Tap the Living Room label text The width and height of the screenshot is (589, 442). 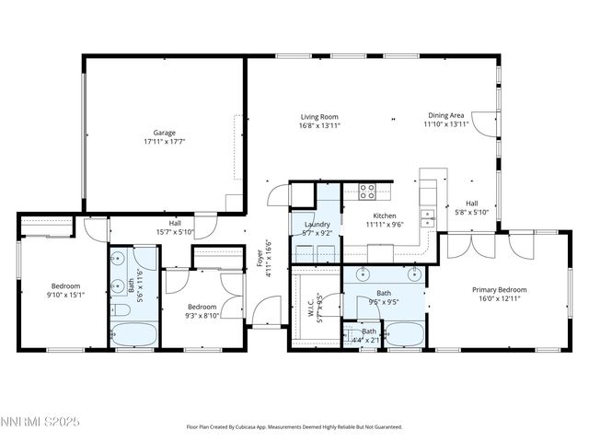click(319, 117)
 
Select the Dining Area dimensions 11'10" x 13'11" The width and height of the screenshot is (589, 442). click(446, 124)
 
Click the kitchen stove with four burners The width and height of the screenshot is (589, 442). click(366, 192)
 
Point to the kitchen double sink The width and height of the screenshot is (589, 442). click(429, 217)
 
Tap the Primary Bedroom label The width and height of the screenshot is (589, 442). click(498, 289)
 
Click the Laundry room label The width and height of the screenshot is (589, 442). click(318, 224)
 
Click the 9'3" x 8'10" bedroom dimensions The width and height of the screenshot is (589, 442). click(202, 316)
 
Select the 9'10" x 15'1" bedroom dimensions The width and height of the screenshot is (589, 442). click(65, 295)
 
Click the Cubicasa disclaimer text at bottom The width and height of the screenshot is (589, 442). click(294, 427)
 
